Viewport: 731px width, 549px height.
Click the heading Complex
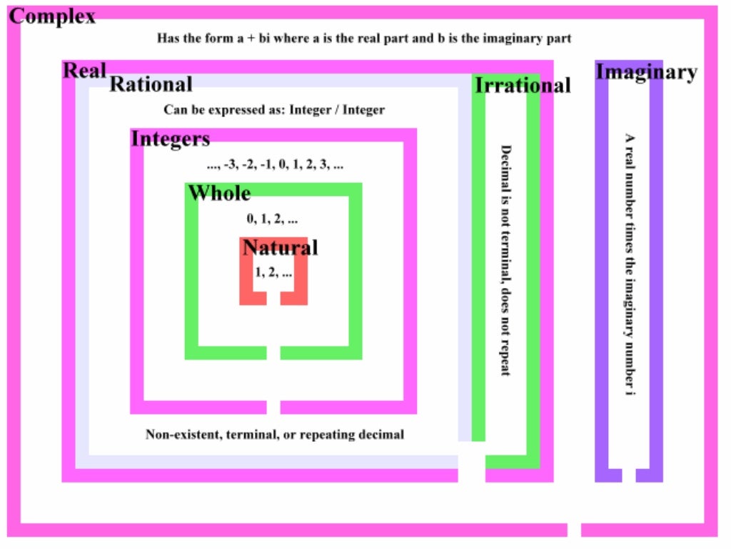[52, 16]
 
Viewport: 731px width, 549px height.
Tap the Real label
[85, 70]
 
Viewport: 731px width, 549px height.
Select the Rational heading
[151, 84]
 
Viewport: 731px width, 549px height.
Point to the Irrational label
[523, 86]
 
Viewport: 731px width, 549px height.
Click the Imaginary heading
[646, 71]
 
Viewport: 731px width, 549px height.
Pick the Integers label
[171, 138]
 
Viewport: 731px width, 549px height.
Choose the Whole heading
[219, 193]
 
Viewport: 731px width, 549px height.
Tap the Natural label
[280, 247]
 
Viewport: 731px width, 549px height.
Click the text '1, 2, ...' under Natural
[273, 272]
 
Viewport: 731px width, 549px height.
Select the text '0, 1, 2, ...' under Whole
[273, 219]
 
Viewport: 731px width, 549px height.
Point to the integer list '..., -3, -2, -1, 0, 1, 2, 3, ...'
[275, 165]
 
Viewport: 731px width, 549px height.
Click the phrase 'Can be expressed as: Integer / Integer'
[274, 110]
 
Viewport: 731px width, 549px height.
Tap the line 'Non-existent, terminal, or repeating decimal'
[275, 434]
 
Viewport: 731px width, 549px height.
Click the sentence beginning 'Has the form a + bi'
[364, 38]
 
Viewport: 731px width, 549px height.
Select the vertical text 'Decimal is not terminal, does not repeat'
[505, 260]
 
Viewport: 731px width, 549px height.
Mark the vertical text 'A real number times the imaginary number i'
[630, 264]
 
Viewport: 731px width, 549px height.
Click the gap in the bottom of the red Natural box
[273, 297]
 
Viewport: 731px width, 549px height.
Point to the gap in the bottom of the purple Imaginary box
[629, 475]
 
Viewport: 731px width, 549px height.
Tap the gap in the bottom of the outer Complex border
[574, 530]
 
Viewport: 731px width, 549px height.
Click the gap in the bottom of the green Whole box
[273, 352]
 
